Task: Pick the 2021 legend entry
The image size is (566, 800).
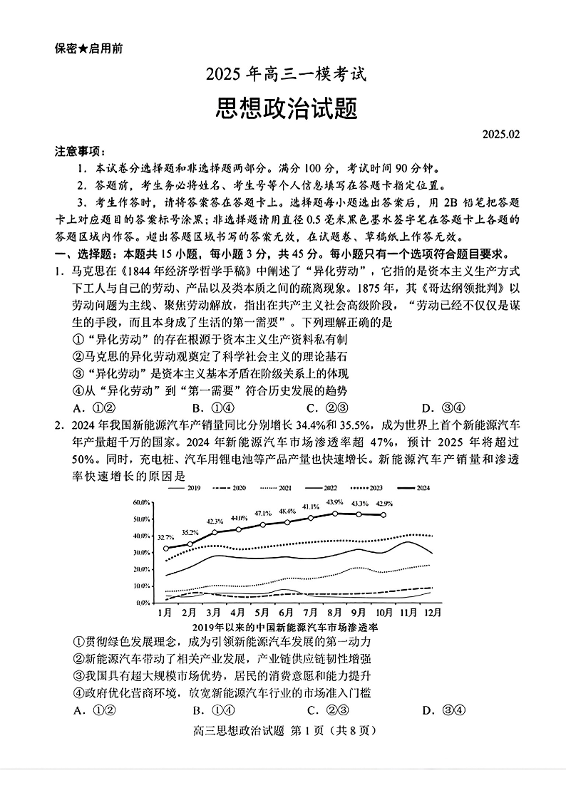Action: (277, 488)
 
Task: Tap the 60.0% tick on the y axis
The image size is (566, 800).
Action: (140, 503)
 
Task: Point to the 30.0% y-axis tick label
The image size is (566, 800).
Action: (140, 553)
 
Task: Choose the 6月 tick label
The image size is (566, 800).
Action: (286, 612)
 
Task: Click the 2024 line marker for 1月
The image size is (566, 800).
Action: (165, 549)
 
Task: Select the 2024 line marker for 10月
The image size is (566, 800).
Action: (384, 515)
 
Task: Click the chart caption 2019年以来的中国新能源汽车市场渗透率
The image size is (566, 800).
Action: (284, 627)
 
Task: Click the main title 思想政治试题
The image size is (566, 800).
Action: (286, 109)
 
